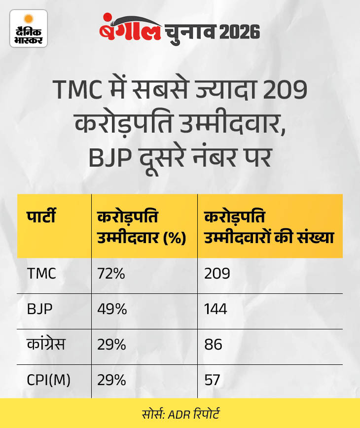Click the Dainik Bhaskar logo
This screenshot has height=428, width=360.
[29, 29]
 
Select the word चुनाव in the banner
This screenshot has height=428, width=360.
[185, 32]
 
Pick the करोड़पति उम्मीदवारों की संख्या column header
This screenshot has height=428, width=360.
[269, 226]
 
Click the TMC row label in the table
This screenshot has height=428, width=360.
[42, 274]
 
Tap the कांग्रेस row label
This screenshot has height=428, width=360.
[47, 345]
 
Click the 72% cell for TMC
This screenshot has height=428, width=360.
[112, 274]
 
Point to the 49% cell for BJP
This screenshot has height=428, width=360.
[112, 309]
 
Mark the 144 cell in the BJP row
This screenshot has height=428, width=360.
[216, 309]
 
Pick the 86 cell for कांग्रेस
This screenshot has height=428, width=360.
[214, 345]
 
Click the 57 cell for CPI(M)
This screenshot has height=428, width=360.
[212, 380]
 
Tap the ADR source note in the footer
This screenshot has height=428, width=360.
[180, 412]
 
